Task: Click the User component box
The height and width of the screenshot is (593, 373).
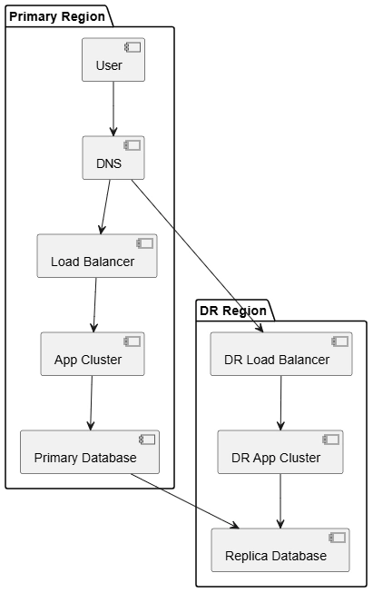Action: (113, 59)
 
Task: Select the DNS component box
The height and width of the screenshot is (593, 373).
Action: (113, 158)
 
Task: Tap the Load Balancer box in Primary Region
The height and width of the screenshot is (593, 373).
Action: (97, 256)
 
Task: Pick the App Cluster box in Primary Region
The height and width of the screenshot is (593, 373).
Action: (93, 354)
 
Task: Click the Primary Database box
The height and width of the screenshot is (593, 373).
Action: (90, 452)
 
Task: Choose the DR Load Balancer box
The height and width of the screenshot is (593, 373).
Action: (281, 354)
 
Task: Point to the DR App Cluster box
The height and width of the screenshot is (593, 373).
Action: (280, 452)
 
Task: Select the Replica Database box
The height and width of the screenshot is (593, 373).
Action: (280, 550)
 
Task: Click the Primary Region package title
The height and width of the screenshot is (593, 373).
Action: (57, 16)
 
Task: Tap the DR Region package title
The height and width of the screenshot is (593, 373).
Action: (233, 311)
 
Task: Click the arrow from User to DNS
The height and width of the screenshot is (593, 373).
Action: (113, 109)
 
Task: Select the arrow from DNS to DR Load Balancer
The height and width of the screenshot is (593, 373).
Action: (197, 256)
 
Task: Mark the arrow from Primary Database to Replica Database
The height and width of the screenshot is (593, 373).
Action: (185, 501)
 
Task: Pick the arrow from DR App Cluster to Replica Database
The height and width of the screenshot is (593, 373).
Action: (280, 501)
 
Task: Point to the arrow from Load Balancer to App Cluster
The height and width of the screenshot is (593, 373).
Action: (95, 305)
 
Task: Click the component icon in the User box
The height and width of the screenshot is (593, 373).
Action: (133, 47)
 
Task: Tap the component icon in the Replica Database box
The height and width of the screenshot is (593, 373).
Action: (338, 538)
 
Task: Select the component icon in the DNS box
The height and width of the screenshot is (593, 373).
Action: (133, 145)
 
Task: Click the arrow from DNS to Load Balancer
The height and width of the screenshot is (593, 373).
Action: (105, 207)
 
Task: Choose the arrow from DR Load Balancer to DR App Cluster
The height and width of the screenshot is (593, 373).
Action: (280, 403)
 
